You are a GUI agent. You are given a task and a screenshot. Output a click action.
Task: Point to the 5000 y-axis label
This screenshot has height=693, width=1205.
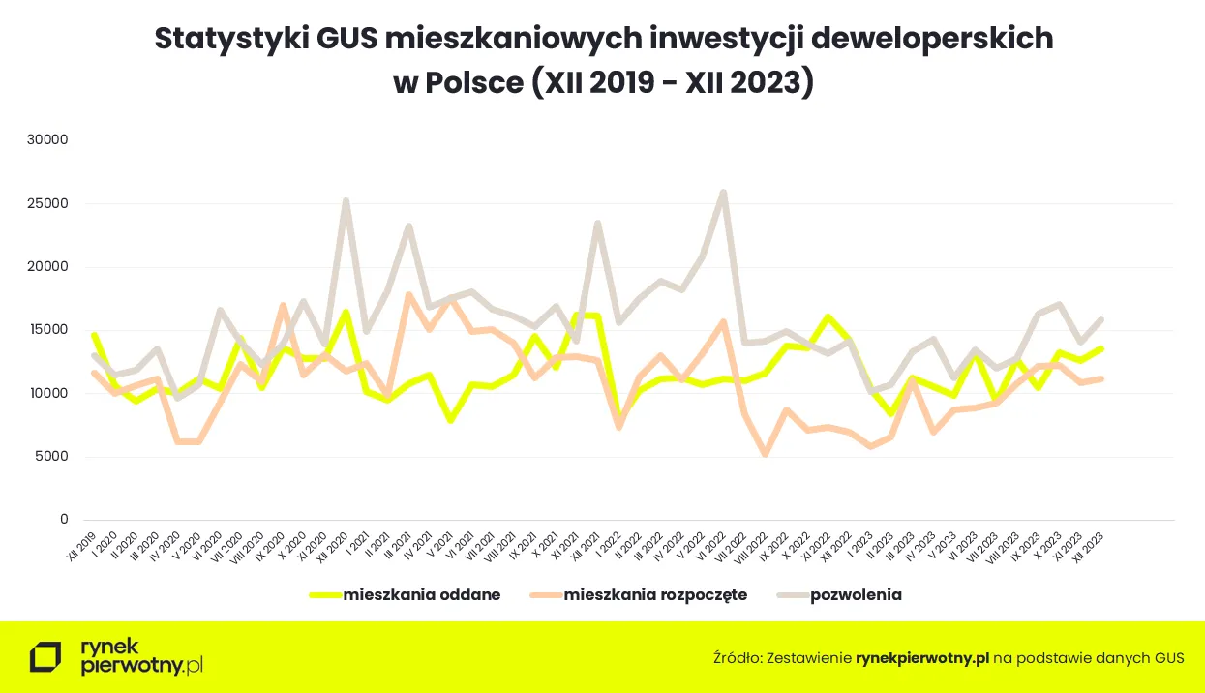coord(50,457)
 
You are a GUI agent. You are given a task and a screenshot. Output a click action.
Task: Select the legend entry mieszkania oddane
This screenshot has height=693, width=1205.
coord(421,595)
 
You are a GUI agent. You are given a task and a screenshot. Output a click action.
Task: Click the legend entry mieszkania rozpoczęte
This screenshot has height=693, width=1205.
coord(655,595)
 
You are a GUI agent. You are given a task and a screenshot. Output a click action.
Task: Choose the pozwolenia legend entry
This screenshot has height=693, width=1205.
coord(856,595)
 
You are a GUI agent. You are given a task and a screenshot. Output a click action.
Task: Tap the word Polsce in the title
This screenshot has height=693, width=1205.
coord(473,82)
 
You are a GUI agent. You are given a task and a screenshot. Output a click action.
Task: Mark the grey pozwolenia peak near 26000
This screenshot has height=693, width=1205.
coord(723,193)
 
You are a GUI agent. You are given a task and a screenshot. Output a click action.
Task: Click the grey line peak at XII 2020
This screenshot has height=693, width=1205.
coord(346,200)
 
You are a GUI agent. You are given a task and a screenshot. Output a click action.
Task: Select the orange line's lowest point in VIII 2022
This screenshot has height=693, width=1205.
coord(766,454)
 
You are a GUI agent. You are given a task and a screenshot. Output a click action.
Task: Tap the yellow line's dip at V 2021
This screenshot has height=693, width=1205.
coord(451,421)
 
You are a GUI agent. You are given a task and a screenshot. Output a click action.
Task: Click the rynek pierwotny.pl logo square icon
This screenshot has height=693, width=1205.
coord(45,656)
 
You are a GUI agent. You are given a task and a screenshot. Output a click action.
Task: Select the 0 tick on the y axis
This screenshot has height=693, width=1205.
coord(64,520)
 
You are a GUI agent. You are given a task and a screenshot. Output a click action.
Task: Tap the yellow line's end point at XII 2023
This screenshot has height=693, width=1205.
coord(1101,348)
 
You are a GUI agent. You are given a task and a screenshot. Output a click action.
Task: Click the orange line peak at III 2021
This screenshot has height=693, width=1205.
coord(408,294)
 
